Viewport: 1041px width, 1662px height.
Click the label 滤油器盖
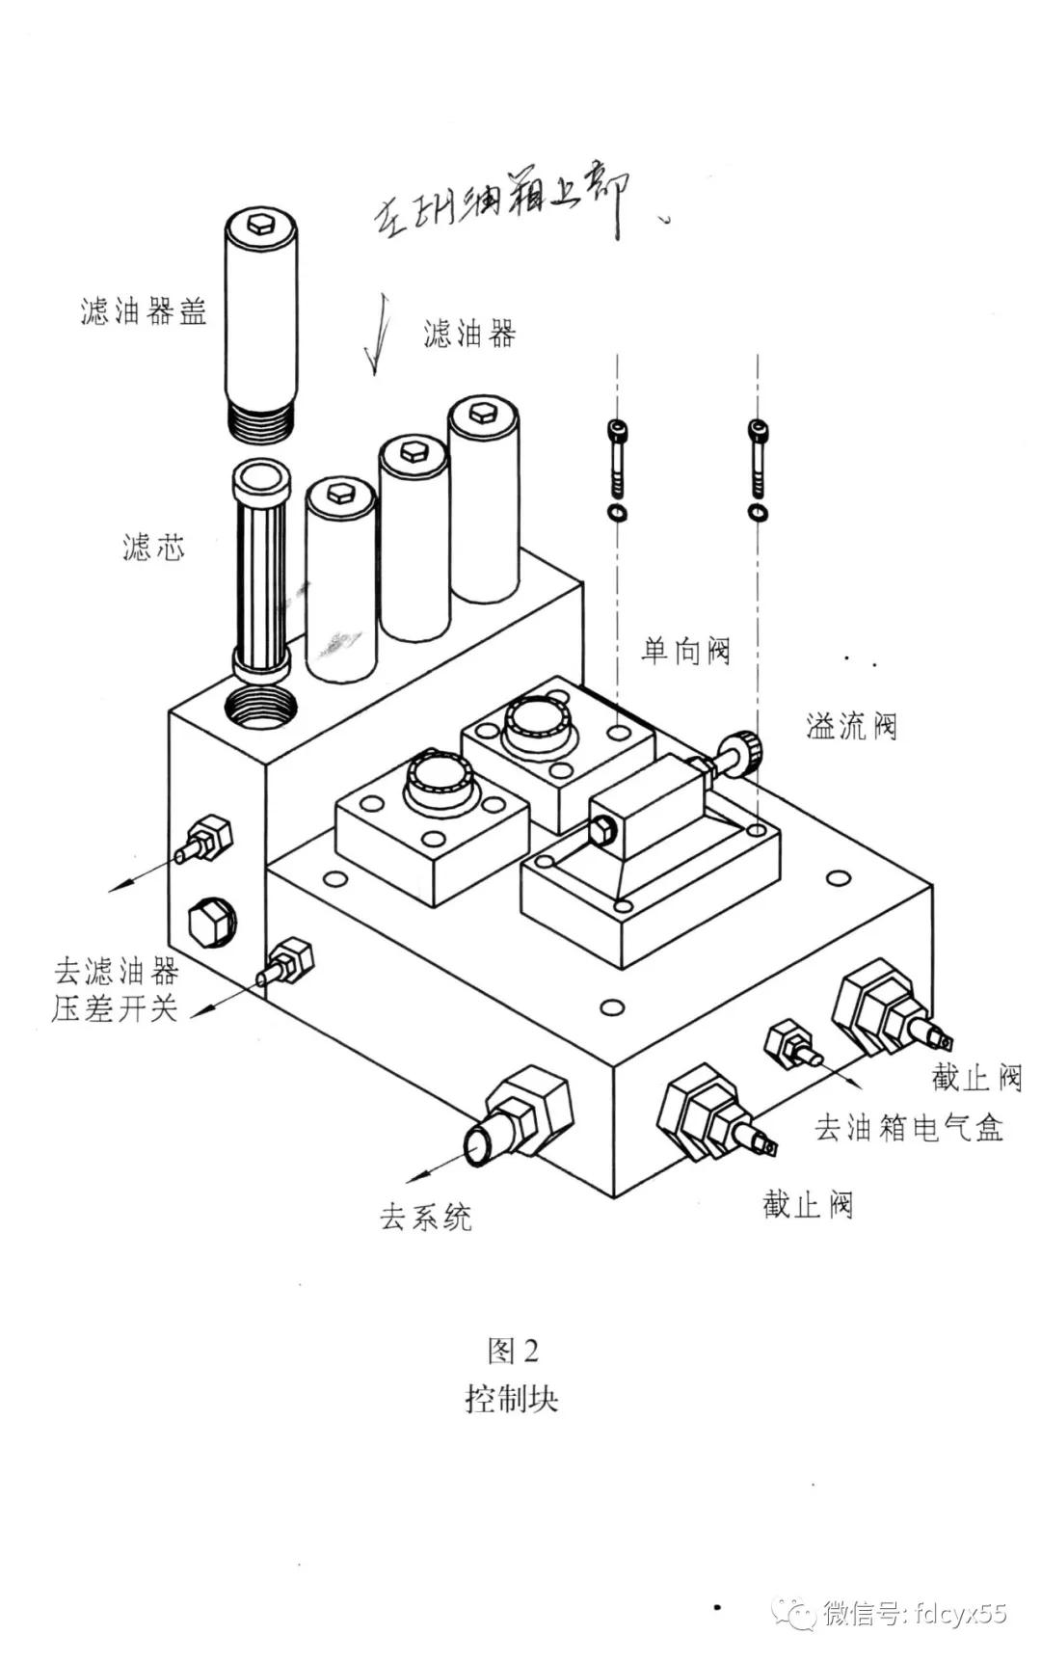pyautogui.click(x=143, y=312)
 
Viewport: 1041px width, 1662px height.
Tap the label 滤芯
pyautogui.click(x=152, y=548)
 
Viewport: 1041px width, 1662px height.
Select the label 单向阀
pyautogui.click(x=685, y=651)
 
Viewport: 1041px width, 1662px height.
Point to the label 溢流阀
pyautogui.click(x=851, y=726)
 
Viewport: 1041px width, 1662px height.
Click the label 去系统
pyautogui.click(x=425, y=1218)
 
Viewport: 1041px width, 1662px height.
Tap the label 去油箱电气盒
pyautogui.click(x=909, y=1127)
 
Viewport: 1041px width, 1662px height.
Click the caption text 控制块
pyautogui.click(x=511, y=1398)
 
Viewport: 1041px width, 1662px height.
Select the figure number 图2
pyautogui.click(x=512, y=1352)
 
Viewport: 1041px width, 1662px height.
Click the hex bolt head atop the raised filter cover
pyautogui.click(x=260, y=224)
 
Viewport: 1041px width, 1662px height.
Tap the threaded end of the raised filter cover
pyautogui.click(x=261, y=417)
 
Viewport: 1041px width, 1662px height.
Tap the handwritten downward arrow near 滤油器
pyautogui.click(x=380, y=337)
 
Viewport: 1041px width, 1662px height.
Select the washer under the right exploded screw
pyautogui.click(x=759, y=511)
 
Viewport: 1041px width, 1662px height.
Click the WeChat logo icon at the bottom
pyautogui.click(x=798, y=1613)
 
